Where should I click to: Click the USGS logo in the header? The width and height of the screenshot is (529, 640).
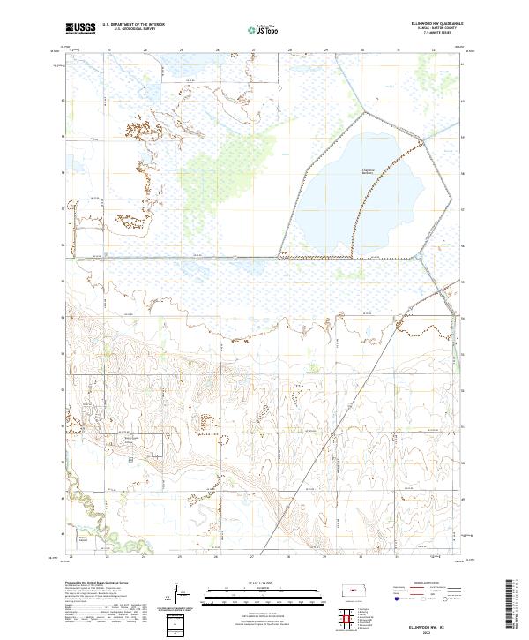coord(80,28)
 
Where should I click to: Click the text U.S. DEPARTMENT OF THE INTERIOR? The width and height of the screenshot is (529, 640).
coord(133,25)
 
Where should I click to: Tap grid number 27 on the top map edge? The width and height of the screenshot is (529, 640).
coord(253,50)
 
